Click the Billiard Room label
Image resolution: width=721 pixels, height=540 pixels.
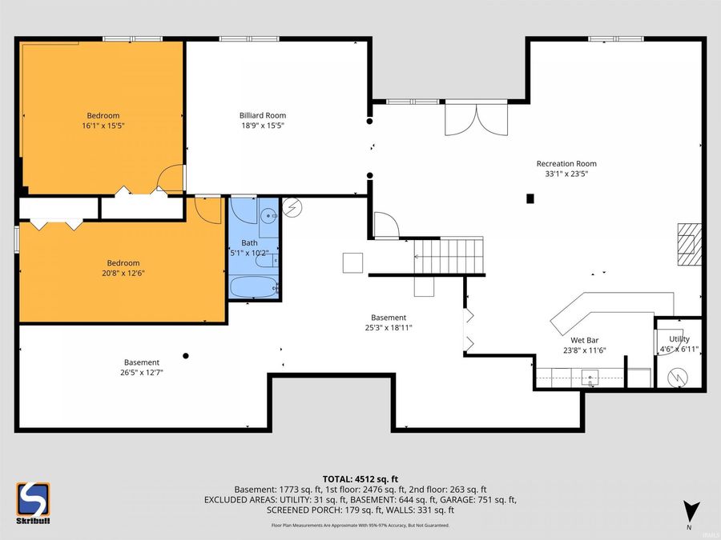click(263, 115)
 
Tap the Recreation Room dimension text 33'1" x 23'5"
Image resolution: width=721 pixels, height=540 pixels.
click(566, 174)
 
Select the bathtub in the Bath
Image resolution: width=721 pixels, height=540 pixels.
click(254, 286)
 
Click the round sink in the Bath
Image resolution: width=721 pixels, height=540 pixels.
click(268, 215)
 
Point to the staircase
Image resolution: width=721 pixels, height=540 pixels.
click(449, 255)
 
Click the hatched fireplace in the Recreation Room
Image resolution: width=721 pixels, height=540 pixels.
click(689, 244)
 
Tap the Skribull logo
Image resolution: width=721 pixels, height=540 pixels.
click(33, 503)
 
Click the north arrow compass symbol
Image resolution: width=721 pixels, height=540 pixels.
click(691, 514)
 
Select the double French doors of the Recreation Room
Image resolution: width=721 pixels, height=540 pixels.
click(477, 119)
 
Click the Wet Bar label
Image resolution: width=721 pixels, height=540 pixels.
click(585, 340)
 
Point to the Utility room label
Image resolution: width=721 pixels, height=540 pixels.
click(679, 339)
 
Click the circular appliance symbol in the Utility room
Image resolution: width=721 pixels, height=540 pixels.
click(678, 377)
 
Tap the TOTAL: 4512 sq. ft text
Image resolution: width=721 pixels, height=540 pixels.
click(360, 479)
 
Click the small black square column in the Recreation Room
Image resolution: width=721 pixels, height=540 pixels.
click(530, 198)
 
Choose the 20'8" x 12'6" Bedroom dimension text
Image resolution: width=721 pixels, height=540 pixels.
click(123, 274)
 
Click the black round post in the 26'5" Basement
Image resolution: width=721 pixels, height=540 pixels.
click(186, 356)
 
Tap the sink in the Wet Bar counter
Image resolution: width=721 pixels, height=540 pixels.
click(590, 377)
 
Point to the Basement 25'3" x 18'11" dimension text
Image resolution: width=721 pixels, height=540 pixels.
click(389, 328)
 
